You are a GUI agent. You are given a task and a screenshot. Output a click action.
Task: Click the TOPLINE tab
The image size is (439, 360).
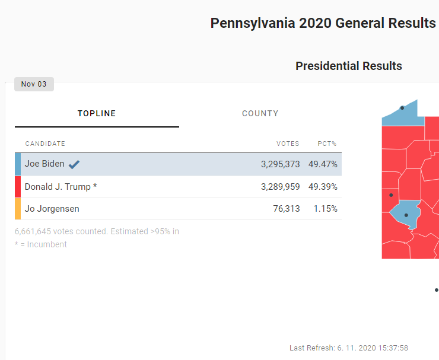97,113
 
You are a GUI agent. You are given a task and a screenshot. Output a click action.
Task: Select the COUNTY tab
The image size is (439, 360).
260,113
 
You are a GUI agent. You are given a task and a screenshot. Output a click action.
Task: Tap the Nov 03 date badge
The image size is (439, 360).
34,84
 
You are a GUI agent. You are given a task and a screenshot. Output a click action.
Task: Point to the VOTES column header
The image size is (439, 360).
288,144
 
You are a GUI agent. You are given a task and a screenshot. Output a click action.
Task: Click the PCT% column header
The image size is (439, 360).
327,144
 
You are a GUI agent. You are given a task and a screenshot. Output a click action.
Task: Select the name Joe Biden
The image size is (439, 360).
44,164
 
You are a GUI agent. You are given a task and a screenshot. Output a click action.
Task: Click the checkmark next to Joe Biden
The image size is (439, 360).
74,164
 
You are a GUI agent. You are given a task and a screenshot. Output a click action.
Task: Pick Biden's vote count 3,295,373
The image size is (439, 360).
280,164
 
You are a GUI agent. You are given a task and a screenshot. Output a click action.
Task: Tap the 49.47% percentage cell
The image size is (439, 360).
323,164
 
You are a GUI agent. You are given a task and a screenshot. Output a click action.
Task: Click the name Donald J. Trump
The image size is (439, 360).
61,187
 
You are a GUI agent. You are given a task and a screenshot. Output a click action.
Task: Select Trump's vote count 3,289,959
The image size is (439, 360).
280,187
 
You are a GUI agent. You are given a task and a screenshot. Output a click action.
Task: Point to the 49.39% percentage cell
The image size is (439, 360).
323,187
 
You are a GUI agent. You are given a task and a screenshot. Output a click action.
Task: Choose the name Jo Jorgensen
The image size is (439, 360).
52,209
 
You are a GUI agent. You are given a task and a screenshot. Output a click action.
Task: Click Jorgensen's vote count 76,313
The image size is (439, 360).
286,209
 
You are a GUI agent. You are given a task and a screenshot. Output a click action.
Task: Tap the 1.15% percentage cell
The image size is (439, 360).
325,209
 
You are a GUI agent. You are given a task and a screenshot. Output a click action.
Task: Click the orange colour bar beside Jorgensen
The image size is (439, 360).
18,209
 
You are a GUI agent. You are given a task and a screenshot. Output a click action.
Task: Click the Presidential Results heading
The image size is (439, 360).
349,66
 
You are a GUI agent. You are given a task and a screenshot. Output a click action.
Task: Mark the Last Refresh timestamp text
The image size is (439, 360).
349,348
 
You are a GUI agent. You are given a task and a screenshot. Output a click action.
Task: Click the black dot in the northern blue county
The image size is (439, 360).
402,107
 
